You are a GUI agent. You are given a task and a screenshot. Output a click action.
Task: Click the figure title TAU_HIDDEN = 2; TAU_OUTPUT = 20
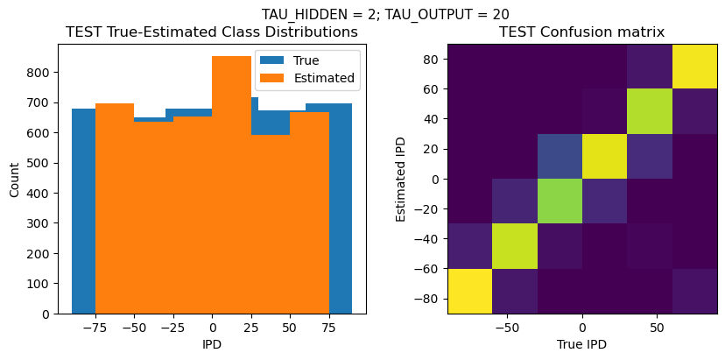[x=385, y=14]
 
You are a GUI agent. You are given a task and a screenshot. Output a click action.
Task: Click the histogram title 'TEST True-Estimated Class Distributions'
[x=212, y=32]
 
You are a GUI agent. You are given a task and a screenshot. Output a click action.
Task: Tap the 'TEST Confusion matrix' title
[x=581, y=32]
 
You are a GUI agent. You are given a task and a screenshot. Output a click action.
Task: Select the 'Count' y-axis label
[x=15, y=178]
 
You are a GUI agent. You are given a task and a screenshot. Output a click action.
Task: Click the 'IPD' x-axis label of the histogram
[x=212, y=344]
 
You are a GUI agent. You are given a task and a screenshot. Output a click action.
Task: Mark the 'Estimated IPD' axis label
[x=402, y=178]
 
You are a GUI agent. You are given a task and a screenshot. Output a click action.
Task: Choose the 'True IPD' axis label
[x=581, y=344]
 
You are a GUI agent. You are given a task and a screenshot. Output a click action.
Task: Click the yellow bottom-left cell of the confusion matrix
[x=469, y=291]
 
